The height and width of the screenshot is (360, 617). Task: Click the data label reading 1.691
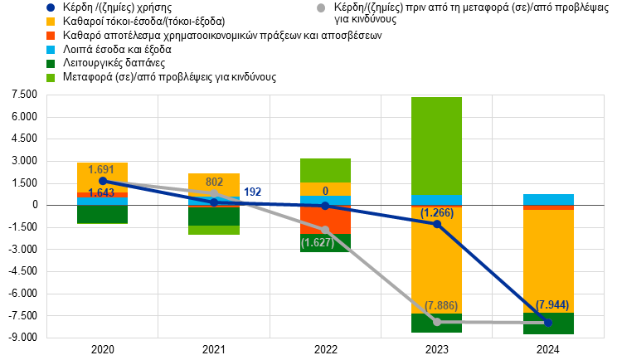click(x=102, y=170)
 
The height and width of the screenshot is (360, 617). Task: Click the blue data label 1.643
click(x=102, y=193)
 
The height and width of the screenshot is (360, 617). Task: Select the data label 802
click(x=214, y=182)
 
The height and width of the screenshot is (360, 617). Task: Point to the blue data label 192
click(x=252, y=192)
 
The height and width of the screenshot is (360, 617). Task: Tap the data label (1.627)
click(x=318, y=243)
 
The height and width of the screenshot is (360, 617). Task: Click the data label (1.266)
click(x=437, y=213)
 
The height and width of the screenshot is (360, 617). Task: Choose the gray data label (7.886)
click(x=440, y=306)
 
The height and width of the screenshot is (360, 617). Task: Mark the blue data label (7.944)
click(x=552, y=305)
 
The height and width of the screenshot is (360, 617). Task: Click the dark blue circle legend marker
click(x=51, y=7)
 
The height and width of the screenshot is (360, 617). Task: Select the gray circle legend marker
click(x=321, y=7)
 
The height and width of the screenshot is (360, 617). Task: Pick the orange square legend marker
click(x=51, y=36)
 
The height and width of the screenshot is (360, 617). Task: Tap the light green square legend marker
click(x=51, y=78)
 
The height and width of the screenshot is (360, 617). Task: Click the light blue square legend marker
click(x=51, y=50)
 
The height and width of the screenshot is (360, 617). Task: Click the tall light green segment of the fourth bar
click(x=437, y=145)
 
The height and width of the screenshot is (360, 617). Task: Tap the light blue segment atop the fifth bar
click(x=549, y=199)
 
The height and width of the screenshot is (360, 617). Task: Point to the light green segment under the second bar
click(x=214, y=230)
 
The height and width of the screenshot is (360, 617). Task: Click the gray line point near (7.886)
click(x=437, y=322)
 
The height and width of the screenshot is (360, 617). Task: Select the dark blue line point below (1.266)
click(x=437, y=224)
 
